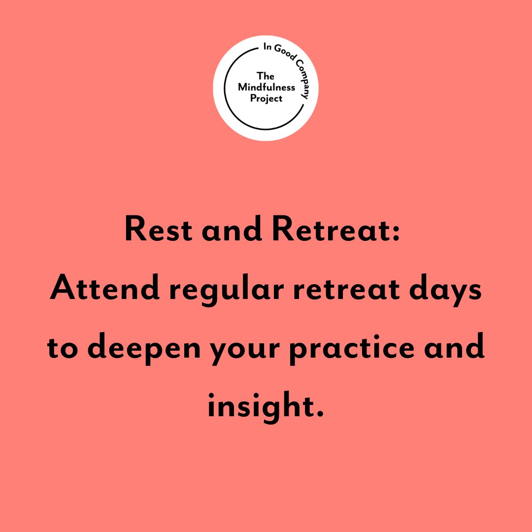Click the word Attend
[x=105, y=290]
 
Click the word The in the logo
[x=266, y=76]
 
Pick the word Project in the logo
[x=266, y=98]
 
